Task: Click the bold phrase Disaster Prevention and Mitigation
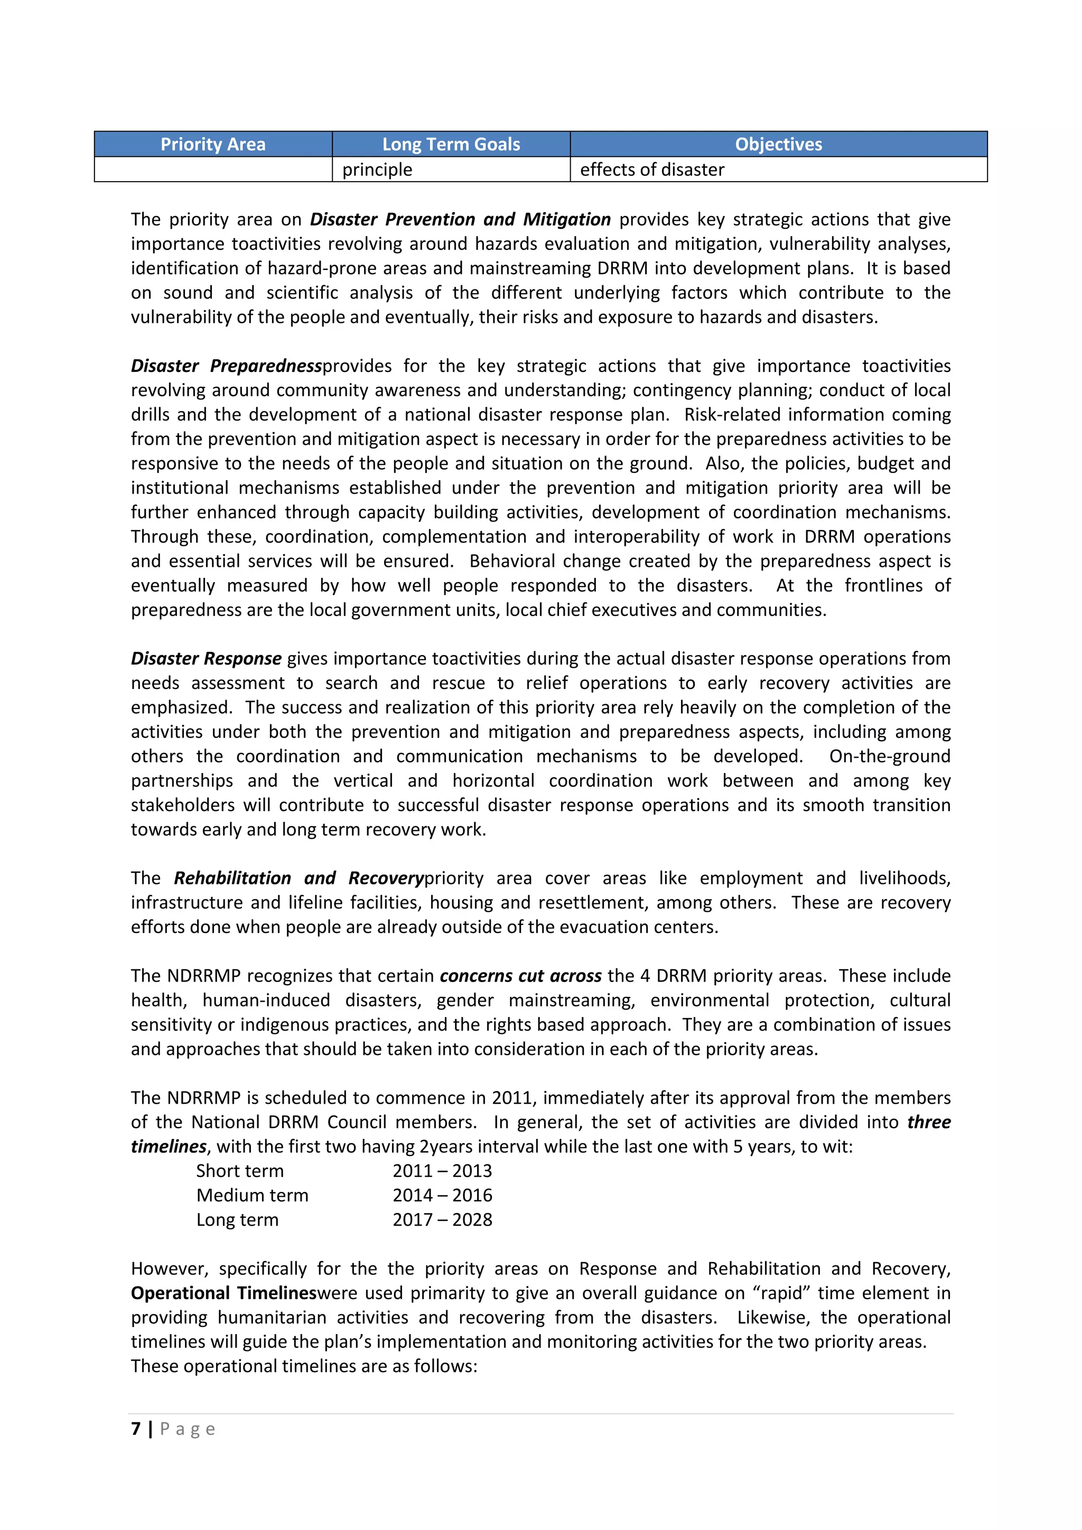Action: (x=460, y=219)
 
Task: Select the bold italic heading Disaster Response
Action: (x=206, y=658)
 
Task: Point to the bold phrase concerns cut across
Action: (x=520, y=976)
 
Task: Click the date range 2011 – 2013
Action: (x=442, y=1171)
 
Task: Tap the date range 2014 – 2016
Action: (x=442, y=1195)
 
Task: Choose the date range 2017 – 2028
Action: (x=442, y=1219)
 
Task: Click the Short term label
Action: (x=240, y=1171)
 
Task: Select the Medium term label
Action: (x=252, y=1195)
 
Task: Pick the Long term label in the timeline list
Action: (x=237, y=1219)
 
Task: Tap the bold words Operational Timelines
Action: (x=223, y=1293)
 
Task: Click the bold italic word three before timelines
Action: (x=928, y=1122)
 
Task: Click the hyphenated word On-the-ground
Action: (x=890, y=757)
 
